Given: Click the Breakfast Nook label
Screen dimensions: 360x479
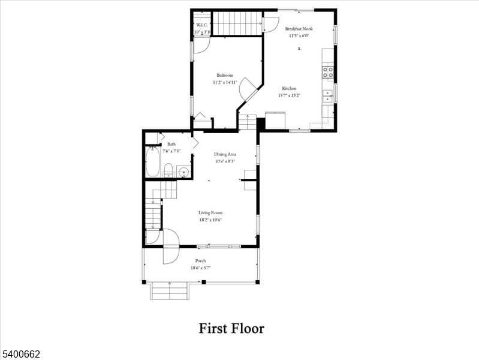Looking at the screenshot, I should (299, 28).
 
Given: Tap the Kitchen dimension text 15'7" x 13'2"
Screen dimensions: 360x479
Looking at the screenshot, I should (289, 95).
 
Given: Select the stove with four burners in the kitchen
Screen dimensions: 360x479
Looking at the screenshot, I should (328, 72).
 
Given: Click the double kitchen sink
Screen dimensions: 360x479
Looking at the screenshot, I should (328, 96).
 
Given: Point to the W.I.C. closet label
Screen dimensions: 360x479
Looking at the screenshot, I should (201, 25).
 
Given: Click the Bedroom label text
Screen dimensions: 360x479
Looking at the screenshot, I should (225, 75).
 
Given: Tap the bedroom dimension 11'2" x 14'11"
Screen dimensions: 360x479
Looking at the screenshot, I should (225, 82).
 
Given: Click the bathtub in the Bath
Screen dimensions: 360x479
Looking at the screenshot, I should (152, 162).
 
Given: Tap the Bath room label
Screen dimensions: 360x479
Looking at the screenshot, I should (171, 144).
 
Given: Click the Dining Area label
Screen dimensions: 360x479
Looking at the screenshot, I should (225, 154).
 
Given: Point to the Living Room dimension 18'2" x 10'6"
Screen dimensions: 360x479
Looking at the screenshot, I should (210, 220).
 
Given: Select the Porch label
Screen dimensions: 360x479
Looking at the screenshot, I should (200, 261).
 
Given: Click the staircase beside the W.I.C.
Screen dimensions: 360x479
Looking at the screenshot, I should (238, 24).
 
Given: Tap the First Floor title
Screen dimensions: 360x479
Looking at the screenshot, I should (231, 328).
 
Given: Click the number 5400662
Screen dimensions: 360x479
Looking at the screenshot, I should (20, 355).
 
